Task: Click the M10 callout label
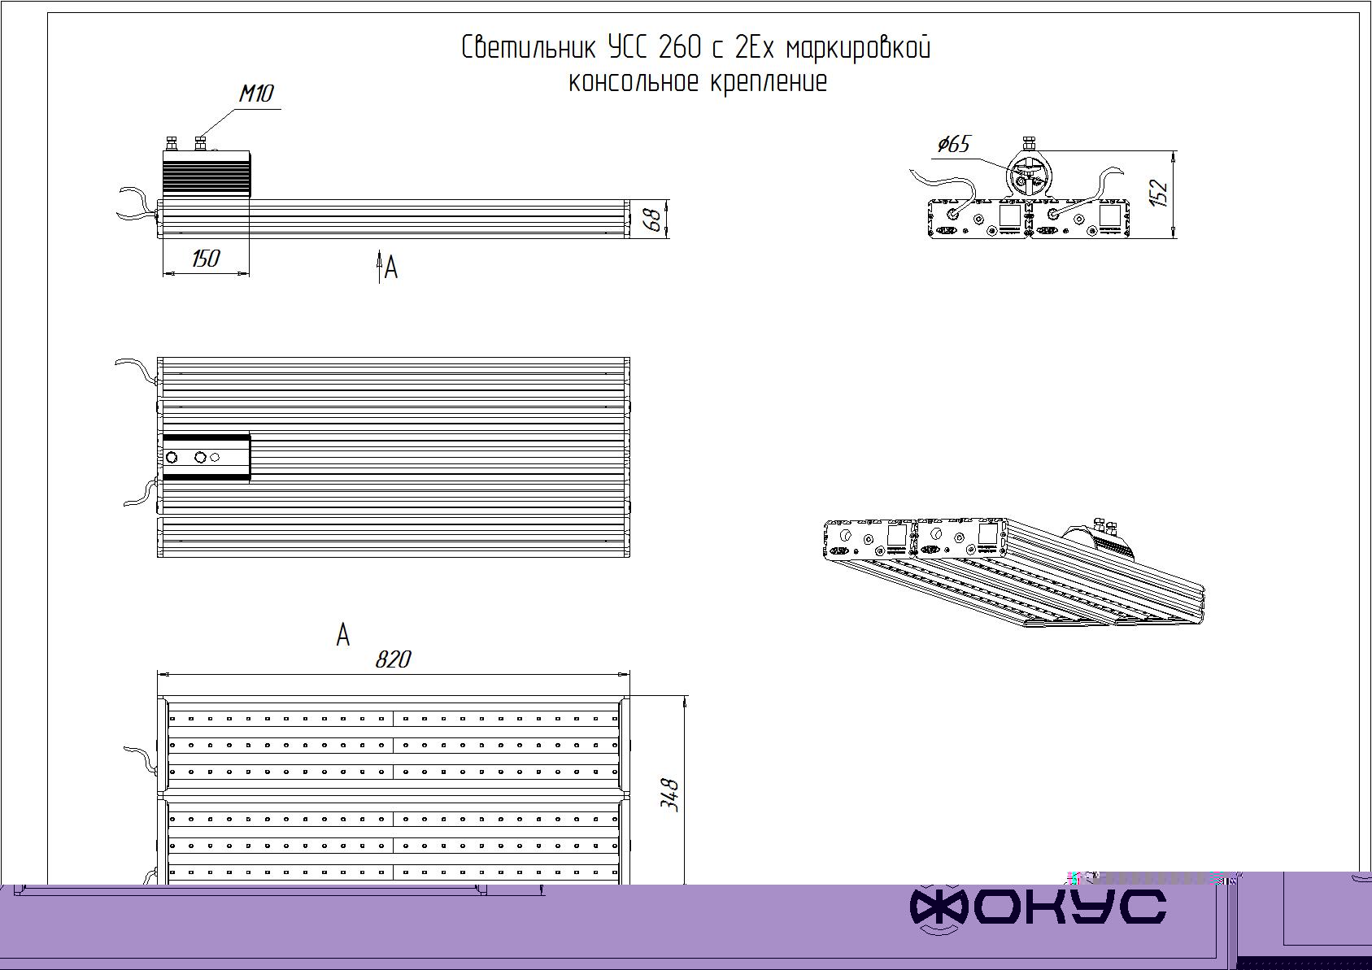(256, 94)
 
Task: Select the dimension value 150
(205, 259)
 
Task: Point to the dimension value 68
(654, 220)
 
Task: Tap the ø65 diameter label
(954, 145)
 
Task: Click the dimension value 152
(1159, 193)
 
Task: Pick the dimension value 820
(393, 659)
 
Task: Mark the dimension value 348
(669, 795)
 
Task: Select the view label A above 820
(343, 634)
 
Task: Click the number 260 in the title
(680, 48)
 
